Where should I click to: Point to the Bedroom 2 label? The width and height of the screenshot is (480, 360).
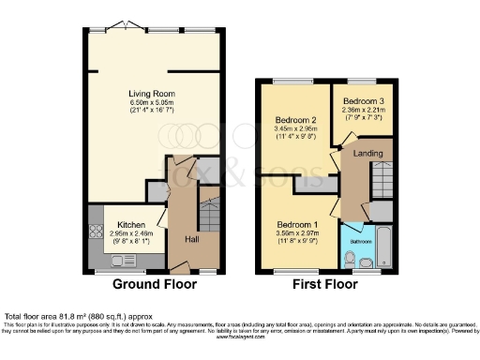click(x=294, y=119)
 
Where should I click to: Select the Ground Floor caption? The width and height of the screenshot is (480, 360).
click(x=155, y=283)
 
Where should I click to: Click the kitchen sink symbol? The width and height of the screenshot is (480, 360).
click(x=95, y=243)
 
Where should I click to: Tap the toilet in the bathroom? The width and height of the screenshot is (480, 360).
click(x=350, y=256)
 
